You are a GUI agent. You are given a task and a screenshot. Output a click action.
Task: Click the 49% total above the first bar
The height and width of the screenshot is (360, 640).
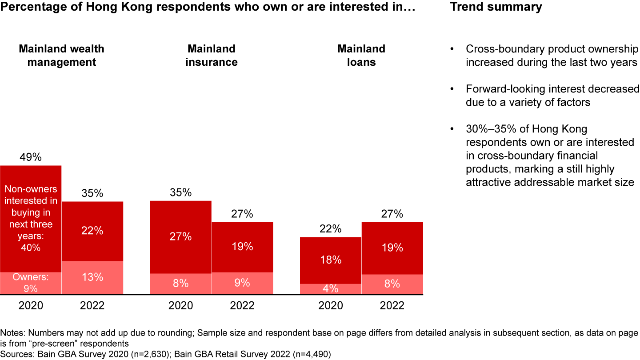(31, 157)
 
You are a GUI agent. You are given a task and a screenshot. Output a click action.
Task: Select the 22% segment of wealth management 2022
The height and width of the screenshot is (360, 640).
(92, 231)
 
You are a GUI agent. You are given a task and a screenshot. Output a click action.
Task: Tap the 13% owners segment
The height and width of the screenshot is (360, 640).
(92, 277)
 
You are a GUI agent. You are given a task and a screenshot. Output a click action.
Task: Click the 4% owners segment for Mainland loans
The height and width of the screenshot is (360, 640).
(331, 288)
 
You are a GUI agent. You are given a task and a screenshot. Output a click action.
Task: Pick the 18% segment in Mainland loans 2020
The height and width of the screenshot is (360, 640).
(331, 260)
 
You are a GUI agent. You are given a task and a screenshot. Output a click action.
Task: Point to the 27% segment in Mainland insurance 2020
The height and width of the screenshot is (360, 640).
(181, 236)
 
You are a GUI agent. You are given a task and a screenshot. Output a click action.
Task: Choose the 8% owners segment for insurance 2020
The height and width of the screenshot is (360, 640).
(181, 283)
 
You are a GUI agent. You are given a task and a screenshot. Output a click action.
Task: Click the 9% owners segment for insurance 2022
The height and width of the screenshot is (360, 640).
(242, 283)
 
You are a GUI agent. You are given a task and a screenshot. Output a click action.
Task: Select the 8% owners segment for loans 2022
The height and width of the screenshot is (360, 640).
(392, 284)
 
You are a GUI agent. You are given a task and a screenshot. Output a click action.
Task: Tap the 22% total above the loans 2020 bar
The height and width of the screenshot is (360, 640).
(331, 229)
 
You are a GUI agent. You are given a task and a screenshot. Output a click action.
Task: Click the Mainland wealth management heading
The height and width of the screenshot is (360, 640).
(61, 56)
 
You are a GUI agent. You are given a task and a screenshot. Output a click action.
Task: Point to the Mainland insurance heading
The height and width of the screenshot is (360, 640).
(212, 56)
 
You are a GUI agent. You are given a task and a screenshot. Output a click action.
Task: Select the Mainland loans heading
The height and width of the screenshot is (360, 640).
(361, 56)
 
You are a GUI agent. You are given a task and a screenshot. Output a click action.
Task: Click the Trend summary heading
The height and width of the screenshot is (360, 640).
(496, 7)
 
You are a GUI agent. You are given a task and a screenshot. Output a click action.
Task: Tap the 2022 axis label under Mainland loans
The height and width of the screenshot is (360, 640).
(392, 306)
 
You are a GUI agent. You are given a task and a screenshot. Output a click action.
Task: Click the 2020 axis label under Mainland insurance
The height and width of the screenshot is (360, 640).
(181, 306)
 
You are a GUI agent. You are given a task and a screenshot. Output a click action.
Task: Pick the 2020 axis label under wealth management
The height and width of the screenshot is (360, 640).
(31, 306)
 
